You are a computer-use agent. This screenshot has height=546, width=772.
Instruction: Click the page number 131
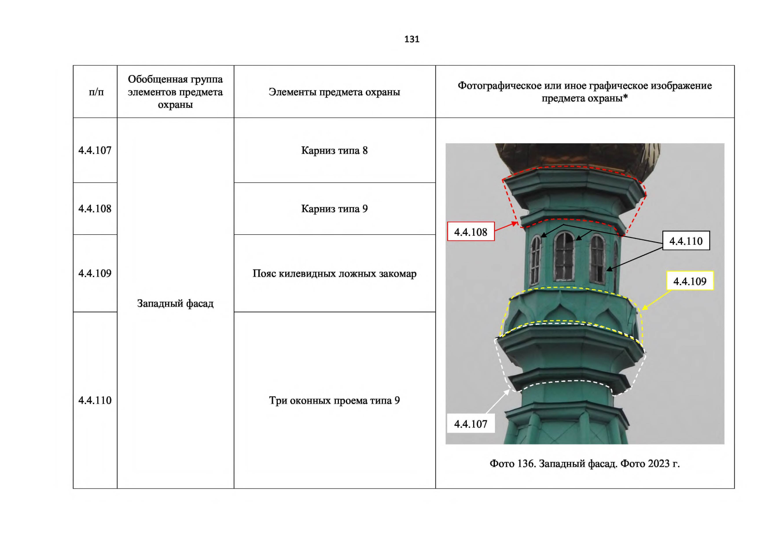tap(412, 39)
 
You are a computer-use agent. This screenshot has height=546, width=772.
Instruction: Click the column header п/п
tap(96, 92)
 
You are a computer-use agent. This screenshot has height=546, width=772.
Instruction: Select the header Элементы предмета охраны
tap(334, 92)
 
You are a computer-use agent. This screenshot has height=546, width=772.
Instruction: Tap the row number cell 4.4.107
tap(95, 150)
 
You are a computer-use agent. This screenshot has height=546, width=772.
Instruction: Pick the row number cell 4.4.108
tap(95, 208)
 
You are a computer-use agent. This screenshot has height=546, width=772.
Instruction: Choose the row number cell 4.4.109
tap(95, 273)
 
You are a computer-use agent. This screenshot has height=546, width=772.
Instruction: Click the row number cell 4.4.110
tap(95, 400)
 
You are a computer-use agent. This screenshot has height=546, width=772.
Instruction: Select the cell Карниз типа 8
tap(334, 150)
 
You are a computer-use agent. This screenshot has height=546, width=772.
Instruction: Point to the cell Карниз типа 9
tap(334, 208)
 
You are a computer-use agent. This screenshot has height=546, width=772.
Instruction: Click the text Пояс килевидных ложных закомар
tap(334, 273)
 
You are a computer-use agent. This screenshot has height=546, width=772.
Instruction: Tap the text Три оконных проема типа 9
tap(334, 400)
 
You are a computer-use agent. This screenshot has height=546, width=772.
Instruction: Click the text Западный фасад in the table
tap(175, 303)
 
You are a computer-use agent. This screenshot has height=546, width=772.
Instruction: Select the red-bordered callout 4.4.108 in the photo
tap(471, 232)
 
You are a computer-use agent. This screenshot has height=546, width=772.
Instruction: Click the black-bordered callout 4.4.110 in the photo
tap(686, 241)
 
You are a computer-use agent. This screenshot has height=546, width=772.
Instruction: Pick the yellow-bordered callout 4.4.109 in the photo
tap(690, 281)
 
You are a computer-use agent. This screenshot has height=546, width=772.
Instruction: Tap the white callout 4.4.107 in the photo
tap(471, 424)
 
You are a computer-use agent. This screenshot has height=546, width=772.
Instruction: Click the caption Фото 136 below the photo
tap(585, 463)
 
